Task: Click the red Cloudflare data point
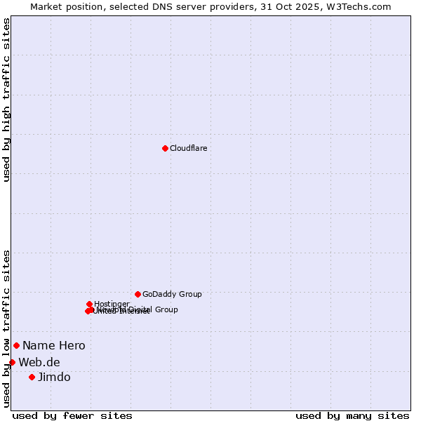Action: click(165, 148)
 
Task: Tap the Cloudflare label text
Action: click(188, 148)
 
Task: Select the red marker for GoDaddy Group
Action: click(138, 294)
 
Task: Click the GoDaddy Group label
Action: click(172, 295)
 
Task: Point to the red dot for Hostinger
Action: click(89, 304)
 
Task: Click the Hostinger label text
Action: click(112, 304)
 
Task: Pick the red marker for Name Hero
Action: click(16, 345)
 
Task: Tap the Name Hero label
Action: click(53, 345)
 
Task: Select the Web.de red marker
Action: click(12, 362)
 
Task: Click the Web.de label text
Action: click(39, 362)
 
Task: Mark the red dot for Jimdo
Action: click(32, 377)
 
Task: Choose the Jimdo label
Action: click(54, 377)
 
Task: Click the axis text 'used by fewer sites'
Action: click(72, 415)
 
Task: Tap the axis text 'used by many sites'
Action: click(352, 415)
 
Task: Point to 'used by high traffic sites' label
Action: click(6, 100)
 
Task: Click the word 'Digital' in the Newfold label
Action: click(140, 309)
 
